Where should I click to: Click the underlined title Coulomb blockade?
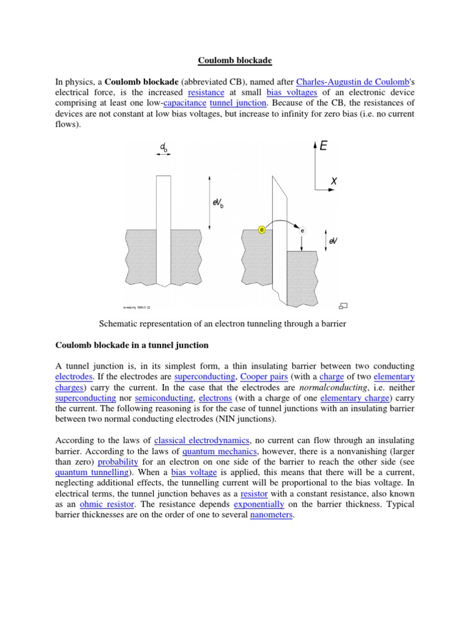point(234,61)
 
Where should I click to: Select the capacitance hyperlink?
point(183,103)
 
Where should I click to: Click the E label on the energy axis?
point(324,145)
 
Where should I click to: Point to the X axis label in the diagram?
point(334,181)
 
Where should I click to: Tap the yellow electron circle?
point(262,230)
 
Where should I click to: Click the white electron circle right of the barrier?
point(302,230)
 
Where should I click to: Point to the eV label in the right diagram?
point(333,241)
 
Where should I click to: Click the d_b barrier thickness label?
point(163,147)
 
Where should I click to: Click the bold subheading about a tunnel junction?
point(132,345)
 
